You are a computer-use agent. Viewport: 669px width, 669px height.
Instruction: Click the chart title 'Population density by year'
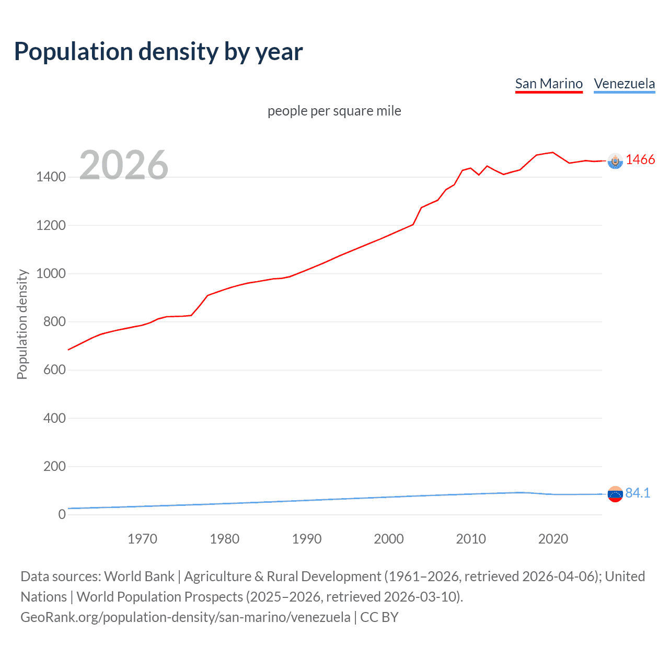pos(158,52)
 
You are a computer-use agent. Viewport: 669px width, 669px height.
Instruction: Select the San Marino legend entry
pos(549,84)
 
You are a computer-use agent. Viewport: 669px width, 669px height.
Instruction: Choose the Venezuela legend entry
pos(624,84)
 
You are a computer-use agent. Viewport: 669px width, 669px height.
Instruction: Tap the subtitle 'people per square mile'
pos(334,111)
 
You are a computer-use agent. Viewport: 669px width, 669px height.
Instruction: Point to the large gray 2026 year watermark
pos(124,165)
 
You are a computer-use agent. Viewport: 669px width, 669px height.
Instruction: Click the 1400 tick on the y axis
pos(51,177)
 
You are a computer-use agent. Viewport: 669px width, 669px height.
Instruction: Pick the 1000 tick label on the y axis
pos(51,273)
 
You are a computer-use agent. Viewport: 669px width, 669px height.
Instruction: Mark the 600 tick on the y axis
pos(54,370)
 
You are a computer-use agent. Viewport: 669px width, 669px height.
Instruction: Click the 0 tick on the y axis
pos(62,514)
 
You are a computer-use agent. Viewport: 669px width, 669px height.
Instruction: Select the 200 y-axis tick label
pos(54,466)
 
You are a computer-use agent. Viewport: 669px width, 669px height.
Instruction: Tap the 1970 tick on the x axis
pos(142,539)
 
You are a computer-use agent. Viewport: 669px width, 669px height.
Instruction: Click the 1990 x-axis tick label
pos(307,539)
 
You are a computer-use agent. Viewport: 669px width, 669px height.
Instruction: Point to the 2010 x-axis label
pos(471,539)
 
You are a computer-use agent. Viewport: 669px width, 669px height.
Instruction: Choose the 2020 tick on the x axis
pos(553,539)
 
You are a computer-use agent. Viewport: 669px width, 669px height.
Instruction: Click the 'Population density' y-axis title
pos(22,324)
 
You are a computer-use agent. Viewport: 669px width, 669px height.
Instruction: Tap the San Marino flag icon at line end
pos(615,162)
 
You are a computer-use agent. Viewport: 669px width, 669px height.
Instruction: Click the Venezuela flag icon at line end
pos(615,494)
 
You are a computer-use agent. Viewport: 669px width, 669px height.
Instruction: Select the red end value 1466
pos(640,160)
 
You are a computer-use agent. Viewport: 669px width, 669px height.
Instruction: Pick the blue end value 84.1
pos(638,493)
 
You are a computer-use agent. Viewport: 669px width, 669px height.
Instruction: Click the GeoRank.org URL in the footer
pos(186,617)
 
